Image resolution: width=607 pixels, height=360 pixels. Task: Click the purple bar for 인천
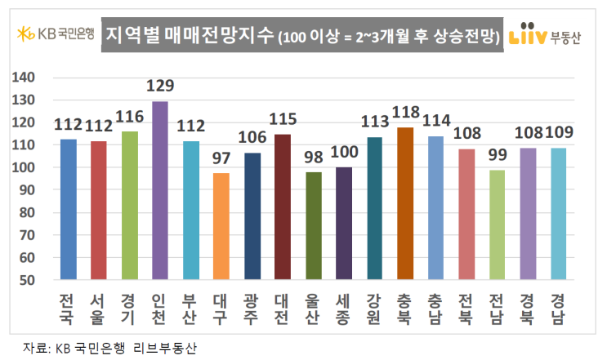[x=160, y=190]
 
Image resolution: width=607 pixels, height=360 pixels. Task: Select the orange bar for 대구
[x=221, y=226]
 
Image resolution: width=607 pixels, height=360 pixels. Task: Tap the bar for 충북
[x=405, y=203]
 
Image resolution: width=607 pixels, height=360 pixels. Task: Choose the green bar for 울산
[x=314, y=225]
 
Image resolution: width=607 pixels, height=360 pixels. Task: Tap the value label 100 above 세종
[x=344, y=153]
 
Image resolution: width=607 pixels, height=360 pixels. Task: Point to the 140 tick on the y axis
[x=27, y=78]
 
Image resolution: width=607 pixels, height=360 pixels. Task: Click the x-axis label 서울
[x=99, y=306]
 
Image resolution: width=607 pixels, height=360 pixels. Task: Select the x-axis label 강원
[x=375, y=306]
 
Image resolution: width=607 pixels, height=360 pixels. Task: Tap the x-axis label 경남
[x=559, y=306]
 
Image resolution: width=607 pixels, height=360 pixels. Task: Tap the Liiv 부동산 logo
[x=543, y=36]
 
